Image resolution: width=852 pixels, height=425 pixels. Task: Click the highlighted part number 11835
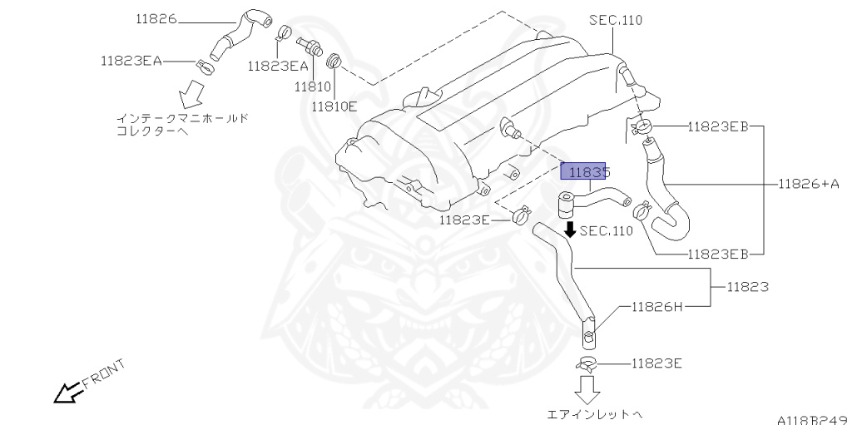(583, 171)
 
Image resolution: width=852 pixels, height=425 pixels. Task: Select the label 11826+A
(809, 184)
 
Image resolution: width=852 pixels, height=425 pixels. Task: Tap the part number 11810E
(334, 106)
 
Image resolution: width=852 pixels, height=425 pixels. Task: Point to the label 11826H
(657, 307)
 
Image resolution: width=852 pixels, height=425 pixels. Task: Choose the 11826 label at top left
(156, 18)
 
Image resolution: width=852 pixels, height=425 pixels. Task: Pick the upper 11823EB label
(718, 126)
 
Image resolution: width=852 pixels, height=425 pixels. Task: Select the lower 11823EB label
(718, 254)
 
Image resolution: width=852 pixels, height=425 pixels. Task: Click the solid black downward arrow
(570, 229)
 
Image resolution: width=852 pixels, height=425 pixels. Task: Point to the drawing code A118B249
(813, 419)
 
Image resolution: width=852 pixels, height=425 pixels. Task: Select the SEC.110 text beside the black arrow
(607, 231)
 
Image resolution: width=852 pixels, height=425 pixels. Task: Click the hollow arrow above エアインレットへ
(587, 389)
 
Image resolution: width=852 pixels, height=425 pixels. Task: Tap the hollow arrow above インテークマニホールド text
(191, 93)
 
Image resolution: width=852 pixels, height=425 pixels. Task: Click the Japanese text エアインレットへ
(590, 415)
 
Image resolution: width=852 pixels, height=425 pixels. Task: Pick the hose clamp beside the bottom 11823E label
(588, 363)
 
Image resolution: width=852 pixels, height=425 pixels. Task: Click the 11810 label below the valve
(313, 86)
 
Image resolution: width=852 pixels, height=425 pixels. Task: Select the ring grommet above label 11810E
(333, 60)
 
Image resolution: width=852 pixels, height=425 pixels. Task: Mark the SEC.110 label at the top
(616, 20)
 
